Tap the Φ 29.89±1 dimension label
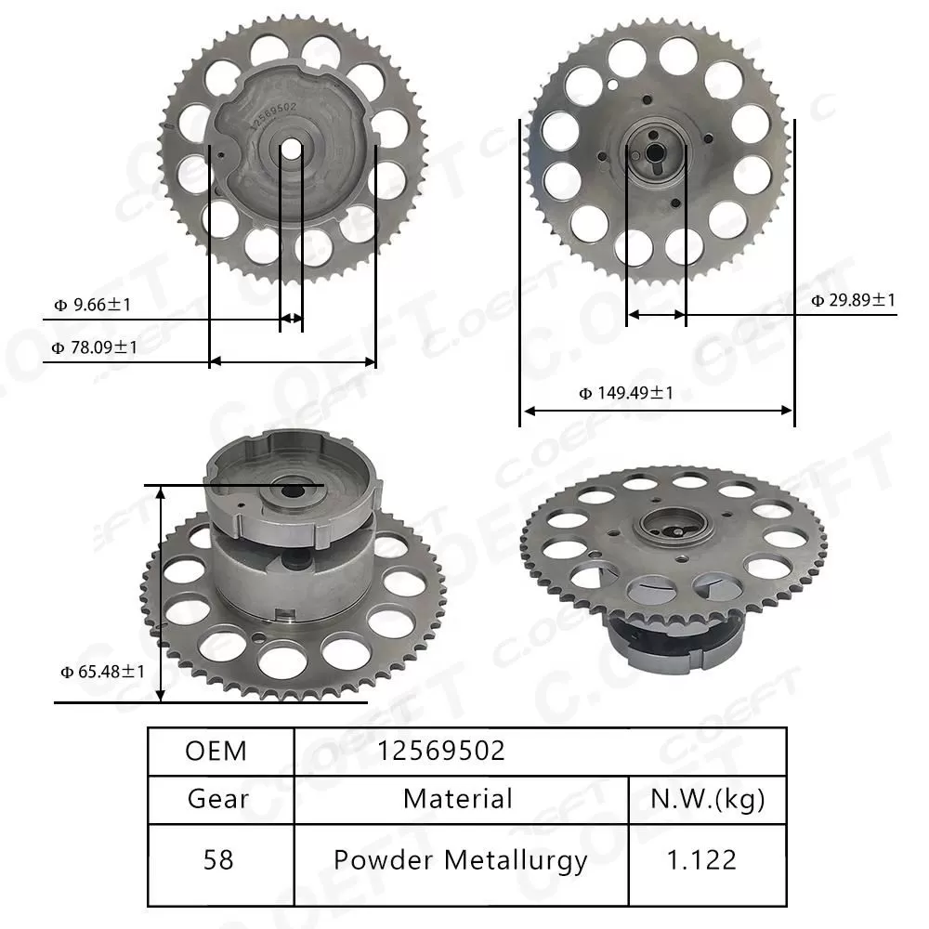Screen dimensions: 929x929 (x=853, y=300)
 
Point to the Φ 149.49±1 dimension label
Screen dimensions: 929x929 (x=626, y=393)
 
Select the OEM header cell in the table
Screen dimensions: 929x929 (x=216, y=751)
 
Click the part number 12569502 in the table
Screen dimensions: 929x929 (x=441, y=751)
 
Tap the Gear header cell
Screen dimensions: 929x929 (x=217, y=798)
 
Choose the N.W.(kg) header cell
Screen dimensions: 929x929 (x=707, y=798)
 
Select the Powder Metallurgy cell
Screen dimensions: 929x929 (x=461, y=860)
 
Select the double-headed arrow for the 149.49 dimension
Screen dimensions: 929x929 (x=657, y=411)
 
